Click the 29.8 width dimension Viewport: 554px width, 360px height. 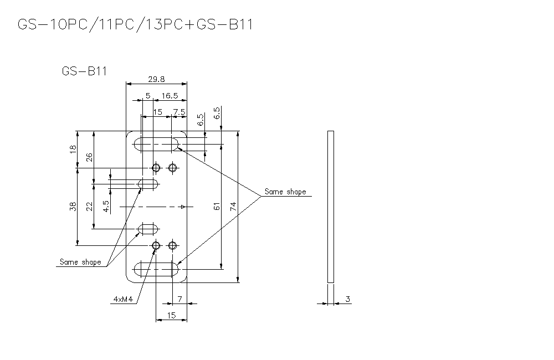tap(157, 79)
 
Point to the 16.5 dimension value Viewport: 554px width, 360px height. tap(170, 96)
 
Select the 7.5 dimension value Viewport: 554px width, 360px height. tap(179, 112)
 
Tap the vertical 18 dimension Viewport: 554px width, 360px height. tap(73, 150)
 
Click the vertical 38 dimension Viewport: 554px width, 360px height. tap(73, 207)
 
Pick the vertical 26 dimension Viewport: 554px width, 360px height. tap(90, 158)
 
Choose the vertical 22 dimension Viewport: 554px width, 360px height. tap(90, 207)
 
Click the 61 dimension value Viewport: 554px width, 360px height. tap(217, 206)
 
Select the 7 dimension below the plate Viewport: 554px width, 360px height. tap(179, 299)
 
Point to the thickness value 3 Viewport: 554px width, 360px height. tap(347, 299)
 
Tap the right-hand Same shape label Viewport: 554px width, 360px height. tap(285, 192)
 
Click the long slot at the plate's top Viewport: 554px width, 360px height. tap(157, 145)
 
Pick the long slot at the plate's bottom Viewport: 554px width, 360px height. tap(157, 270)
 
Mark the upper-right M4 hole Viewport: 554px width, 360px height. tap(173, 167)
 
